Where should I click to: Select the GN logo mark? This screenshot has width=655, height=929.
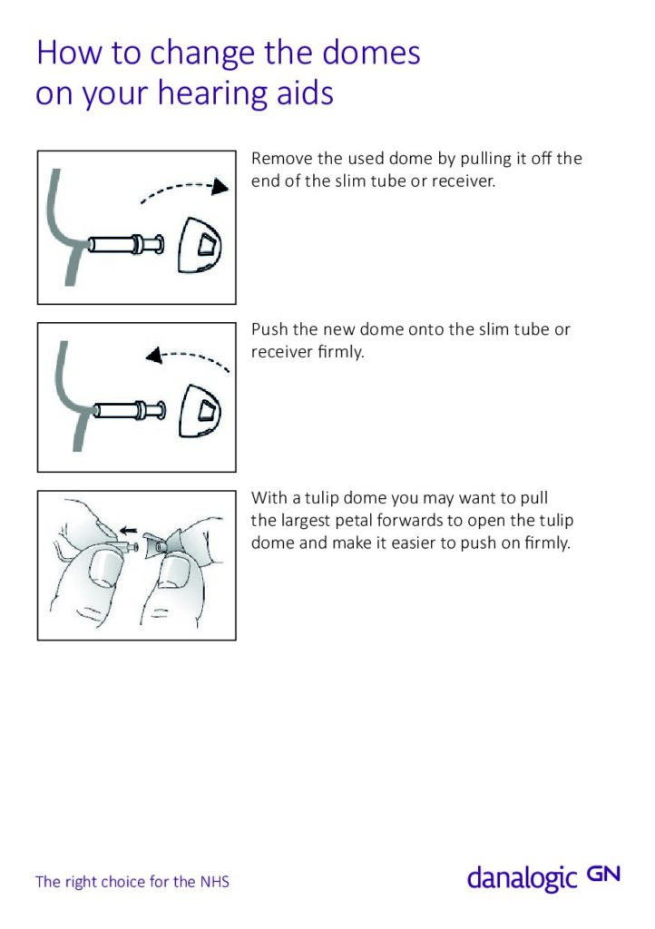click(x=603, y=874)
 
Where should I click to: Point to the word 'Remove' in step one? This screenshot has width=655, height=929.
click(x=280, y=159)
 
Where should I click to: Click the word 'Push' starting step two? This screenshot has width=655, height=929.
click(x=269, y=329)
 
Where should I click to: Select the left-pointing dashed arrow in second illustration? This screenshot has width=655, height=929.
click(x=188, y=357)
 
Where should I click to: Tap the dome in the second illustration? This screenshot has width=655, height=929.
click(x=203, y=409)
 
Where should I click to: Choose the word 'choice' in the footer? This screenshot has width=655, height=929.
click(x=120, y=881)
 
